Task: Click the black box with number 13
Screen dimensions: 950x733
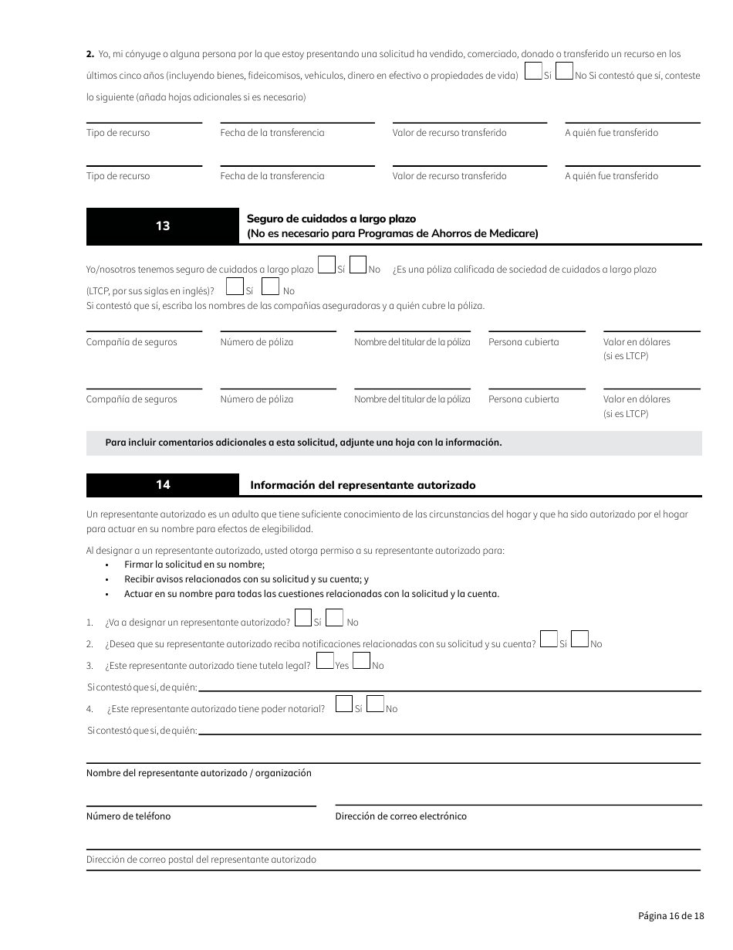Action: [x=163, y=226]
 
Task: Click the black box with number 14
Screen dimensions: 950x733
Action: [x=163, y=485]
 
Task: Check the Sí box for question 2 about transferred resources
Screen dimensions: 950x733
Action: [x=532, y=71]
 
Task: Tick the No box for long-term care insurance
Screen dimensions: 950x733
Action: [x=357, y=265]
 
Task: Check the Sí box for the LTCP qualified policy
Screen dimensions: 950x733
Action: [x=235, y=287]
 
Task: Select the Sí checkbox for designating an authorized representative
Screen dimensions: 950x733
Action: [x=303, y=618]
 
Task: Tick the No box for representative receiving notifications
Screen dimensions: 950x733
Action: [x=580, y=640]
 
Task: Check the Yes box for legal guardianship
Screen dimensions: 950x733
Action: [x=325, y=661]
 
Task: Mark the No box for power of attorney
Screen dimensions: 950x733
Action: [x=375, y=704]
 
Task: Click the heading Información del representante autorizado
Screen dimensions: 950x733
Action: [x=363, y=486]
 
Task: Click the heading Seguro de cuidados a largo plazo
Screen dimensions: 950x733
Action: [x=331, y=219]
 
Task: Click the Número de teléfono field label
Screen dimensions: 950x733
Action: [x=128, y=816]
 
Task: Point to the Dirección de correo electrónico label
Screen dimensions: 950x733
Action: [x=400, y=816]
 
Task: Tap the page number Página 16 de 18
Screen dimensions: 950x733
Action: [x=671, y=916]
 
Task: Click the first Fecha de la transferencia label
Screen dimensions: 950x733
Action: [x=272, y=133]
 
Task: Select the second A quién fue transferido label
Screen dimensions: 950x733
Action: [x=611, y=176]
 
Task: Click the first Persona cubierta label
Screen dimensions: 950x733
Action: [x=523, y=342]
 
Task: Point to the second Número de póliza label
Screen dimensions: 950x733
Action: [x=256, y=399]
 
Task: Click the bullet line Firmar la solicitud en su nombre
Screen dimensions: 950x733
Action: [x=194, y=565]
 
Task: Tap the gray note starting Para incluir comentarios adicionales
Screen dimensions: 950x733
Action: [x=303, y=443]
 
